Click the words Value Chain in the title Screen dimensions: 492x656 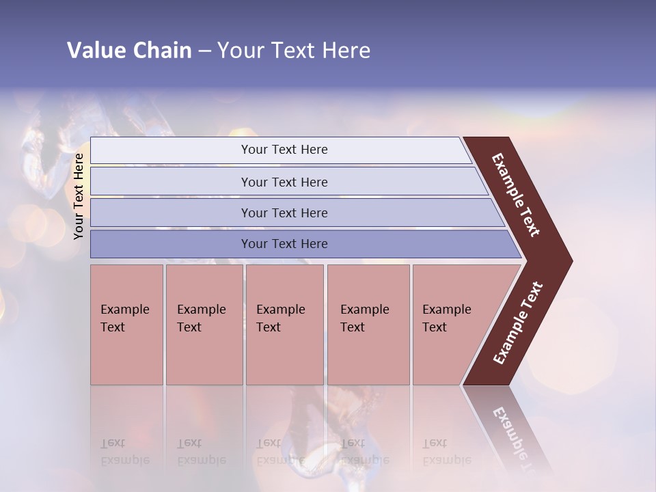coord(129,51)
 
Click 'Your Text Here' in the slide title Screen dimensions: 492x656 coord(294,51)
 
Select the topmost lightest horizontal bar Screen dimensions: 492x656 coord(171,150)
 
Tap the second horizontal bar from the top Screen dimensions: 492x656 coord(171,182)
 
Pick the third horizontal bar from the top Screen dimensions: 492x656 coord(171,213)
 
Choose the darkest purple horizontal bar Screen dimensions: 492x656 coord(171,244)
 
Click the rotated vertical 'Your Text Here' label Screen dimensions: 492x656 coord(79,196)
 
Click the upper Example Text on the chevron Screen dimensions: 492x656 coord(516,195)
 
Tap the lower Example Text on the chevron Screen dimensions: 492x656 coord(517,323)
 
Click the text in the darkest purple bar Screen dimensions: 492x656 coord(284,244)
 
